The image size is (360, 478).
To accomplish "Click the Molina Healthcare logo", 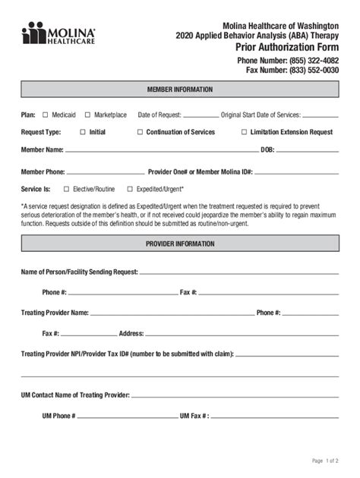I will click(58, 33).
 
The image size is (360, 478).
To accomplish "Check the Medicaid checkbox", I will click(45, 115).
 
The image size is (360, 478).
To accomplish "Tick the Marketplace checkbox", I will click(87, 115).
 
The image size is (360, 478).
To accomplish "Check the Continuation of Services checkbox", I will click(140, 132).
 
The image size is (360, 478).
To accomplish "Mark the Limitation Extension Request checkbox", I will click(244, 132).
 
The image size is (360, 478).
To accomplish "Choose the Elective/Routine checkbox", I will click(66, 189).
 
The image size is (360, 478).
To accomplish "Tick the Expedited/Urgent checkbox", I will click(130, 189).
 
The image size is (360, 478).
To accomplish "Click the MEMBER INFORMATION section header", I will click(179, 90).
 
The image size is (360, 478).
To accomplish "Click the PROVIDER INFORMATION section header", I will click(179, 244).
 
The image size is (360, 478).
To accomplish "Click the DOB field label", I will click(267, 150).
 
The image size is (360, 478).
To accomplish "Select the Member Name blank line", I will click(159, 151).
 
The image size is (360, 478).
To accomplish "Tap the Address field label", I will click(131, 333).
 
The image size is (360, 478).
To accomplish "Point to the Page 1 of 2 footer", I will click(325, 461).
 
